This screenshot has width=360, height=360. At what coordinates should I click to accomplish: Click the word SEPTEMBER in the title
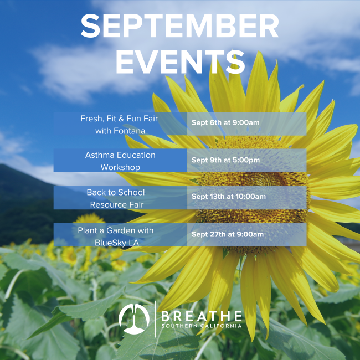click(180, 25)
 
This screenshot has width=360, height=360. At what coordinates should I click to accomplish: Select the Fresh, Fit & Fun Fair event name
click(120, 125)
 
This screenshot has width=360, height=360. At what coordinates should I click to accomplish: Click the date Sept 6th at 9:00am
click(225, 122)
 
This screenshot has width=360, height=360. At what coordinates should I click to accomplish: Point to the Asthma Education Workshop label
click(120, 161)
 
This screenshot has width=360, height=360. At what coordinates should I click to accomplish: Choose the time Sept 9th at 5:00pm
click(225, 160)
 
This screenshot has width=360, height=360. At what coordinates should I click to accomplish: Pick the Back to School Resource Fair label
click(116, 198)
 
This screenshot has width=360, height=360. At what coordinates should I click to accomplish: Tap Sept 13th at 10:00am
click(229, 196)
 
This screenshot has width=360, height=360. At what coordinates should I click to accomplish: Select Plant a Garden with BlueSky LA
click(116, 236)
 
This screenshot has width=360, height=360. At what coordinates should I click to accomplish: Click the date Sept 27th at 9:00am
click(228, 234)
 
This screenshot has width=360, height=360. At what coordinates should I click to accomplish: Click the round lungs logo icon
click(134, 319)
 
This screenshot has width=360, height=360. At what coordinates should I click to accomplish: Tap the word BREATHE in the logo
click(202, 316)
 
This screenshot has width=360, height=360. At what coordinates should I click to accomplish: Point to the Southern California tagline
click(202, 326)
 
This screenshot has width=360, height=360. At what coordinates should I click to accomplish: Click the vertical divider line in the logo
click(156, 319)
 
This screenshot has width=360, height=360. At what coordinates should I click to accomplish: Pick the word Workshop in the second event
click(120, 167)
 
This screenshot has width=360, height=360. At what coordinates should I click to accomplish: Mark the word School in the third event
click(131, 192)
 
